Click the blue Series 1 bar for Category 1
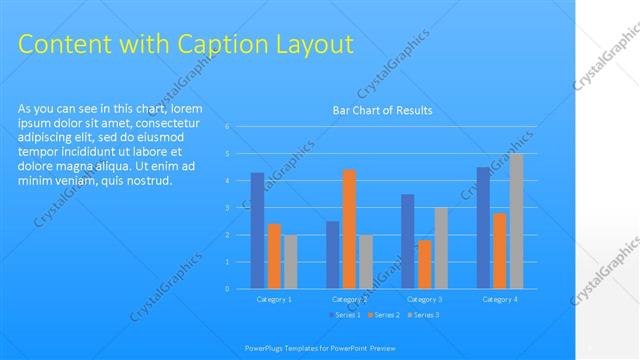pos(257,231)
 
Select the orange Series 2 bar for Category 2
pos(349,229)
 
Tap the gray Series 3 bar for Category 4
pos(516,221)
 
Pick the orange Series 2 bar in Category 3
pos(424,264)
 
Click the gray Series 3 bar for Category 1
pos(290,262)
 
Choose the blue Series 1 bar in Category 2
pos(332,255)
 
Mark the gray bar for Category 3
pos(441,248)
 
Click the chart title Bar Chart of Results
pos(382,111)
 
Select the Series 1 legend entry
pos(345,315)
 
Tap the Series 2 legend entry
pos(384,315)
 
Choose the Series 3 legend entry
pos(423,315)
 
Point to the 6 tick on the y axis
pos(228,127)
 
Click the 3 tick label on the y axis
pos(228,208)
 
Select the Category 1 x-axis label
pos(274,299)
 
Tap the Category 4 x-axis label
pos(499,299)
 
